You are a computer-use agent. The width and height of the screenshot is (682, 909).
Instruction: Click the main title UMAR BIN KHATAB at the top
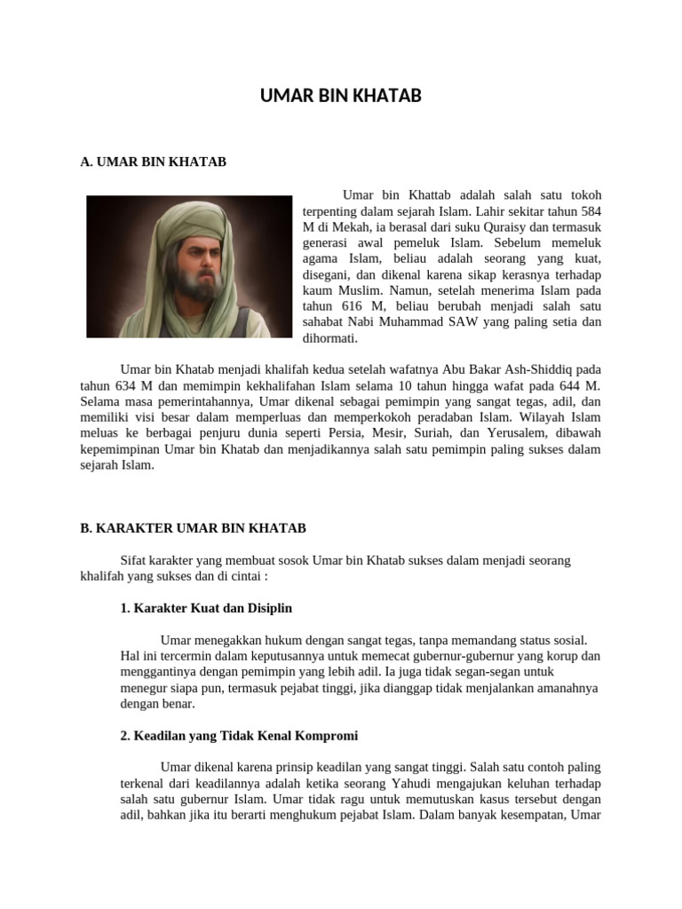[x=341, y=96]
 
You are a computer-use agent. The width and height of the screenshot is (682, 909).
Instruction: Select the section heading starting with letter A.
[x=153, y=162]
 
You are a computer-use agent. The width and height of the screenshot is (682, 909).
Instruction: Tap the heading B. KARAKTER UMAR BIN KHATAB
[x=193, y=527]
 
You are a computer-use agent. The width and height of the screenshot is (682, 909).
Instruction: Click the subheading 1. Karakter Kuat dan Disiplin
[x=206, y=608]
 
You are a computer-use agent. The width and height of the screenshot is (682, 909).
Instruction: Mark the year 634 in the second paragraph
[x=128, y=386]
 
